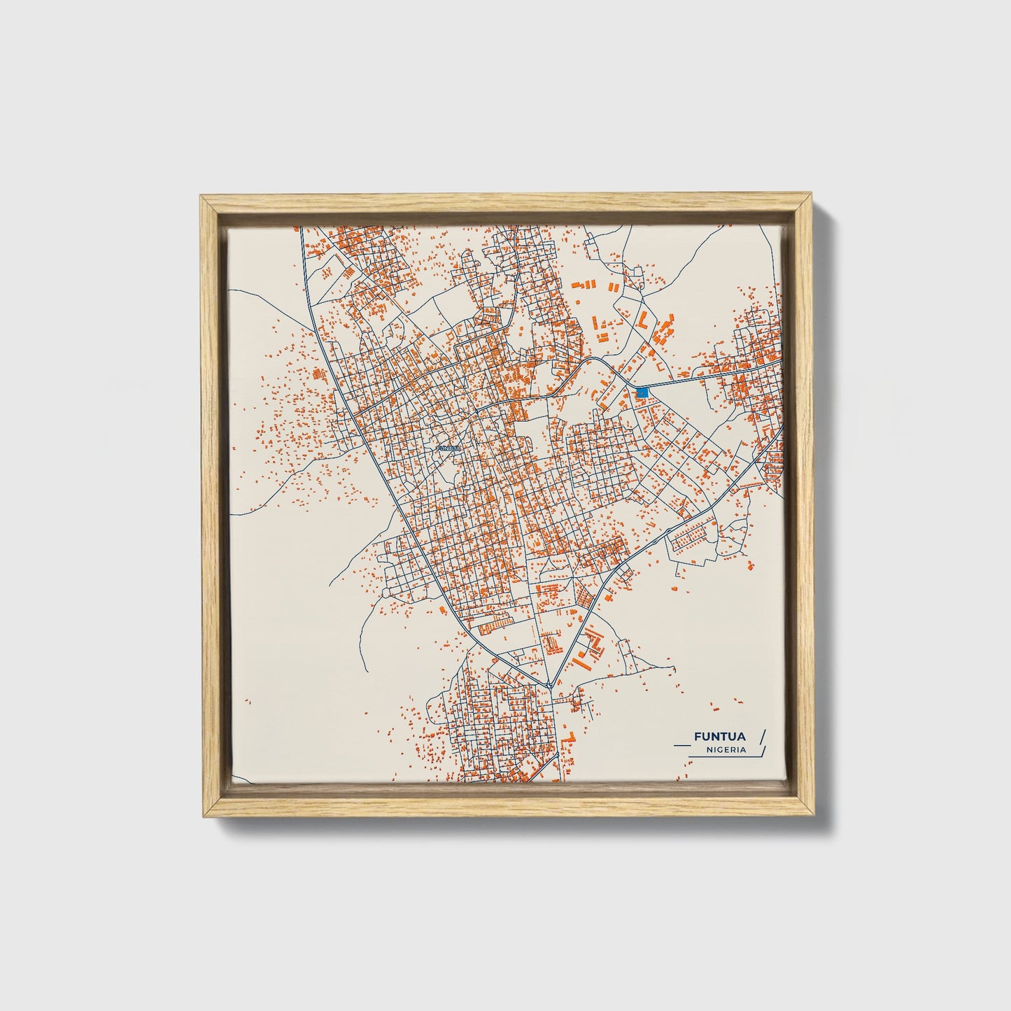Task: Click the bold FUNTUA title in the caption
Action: click(719, 736)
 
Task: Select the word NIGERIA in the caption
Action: click(726, 749)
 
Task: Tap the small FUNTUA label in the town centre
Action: click(448, 448)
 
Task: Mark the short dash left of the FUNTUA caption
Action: click(680, 737)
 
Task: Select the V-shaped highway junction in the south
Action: click(551, 685)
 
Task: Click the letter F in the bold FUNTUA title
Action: click(698, 736)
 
